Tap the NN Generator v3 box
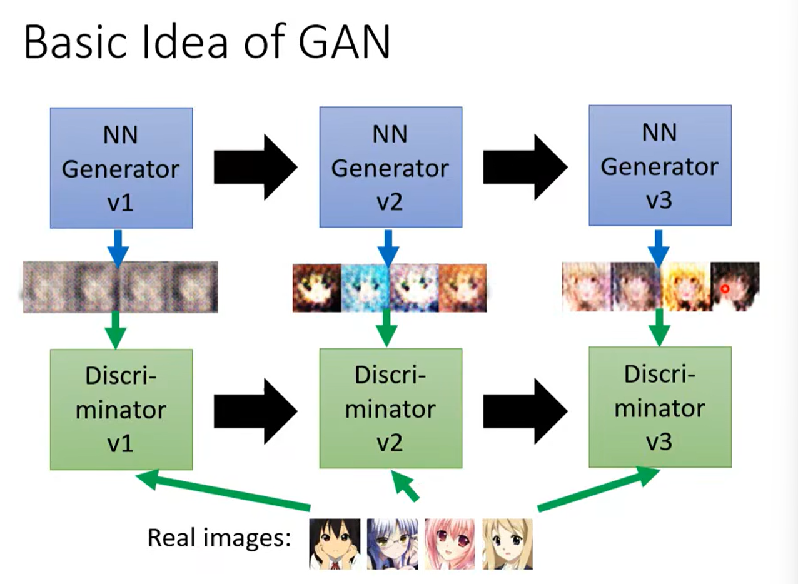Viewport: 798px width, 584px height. (x=660, y=165)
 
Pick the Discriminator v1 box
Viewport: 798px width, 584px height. (x=121, y=410)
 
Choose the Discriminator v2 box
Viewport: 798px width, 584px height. (x=390, y=409)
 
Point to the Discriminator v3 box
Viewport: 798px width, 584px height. (x=660, y=407)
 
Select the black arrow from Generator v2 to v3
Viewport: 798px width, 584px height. (x=525, y=166)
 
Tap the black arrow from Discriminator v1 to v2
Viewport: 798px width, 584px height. (x=255, y=410)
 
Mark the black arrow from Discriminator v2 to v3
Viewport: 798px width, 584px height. (x=525, y=410)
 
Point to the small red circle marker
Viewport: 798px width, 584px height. (x=725, y=289)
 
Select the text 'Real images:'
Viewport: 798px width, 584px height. (x=220, y=537)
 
